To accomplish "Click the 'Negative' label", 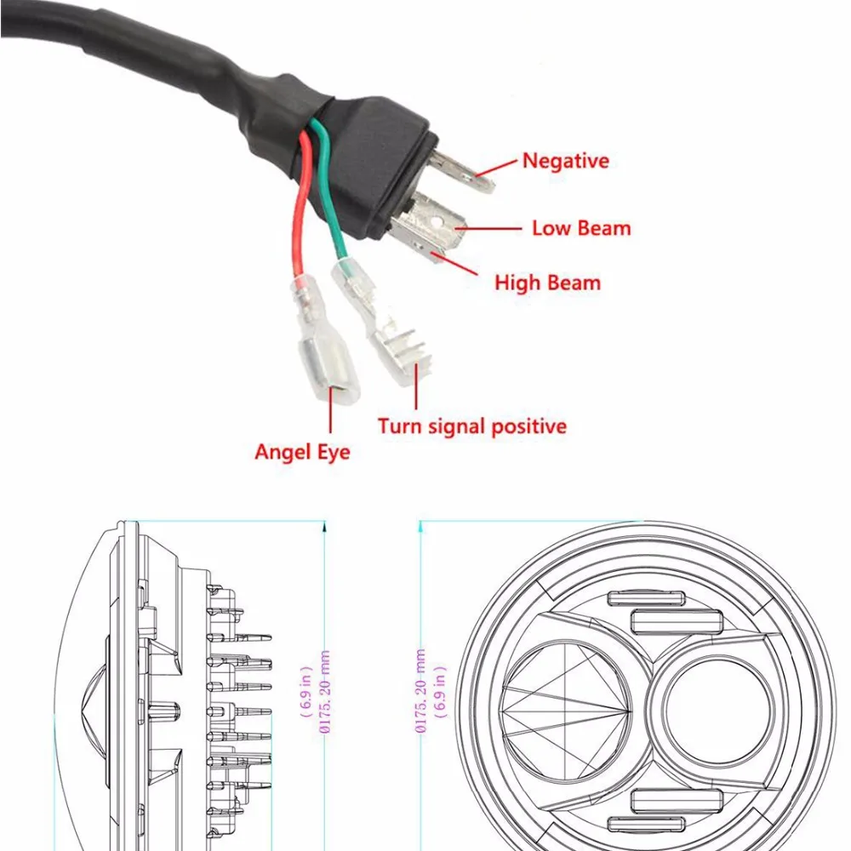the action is point(565,160).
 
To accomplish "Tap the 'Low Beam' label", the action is point(581,228).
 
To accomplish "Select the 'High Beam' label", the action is point(547,283).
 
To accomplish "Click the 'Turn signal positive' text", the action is point(472,425).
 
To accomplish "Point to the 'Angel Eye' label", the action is point(302,451).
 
